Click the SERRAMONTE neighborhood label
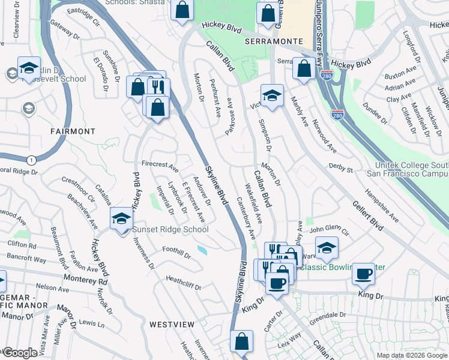[x=273, y=41]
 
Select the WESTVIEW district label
[x=172, y=324]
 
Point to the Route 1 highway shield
[x=30, y=160]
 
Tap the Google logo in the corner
[x=20, y=353]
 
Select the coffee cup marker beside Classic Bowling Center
[x=364, y=274]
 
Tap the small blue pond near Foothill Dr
[x=202, y=250]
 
